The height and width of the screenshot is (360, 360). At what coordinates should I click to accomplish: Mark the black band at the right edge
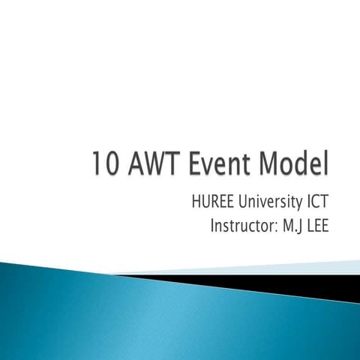coord(330,283)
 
